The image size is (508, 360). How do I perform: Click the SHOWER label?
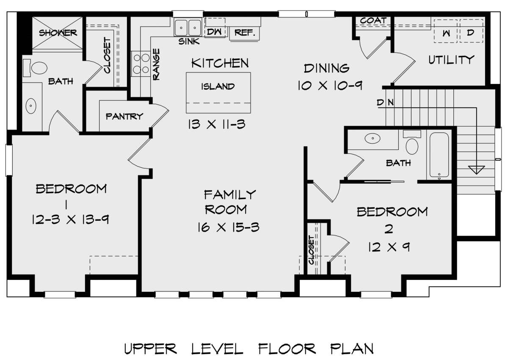click(58, 33)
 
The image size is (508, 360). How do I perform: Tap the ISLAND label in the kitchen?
click(218, 86)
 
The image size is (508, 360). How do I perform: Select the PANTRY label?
click(124, 116)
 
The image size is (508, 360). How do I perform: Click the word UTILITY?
click(450, 60)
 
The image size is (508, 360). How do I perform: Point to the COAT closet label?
click(373, 20)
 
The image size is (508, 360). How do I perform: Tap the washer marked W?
click(445, 33)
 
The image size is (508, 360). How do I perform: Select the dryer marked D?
click(470, 33)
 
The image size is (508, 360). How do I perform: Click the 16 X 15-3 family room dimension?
click(228, 227)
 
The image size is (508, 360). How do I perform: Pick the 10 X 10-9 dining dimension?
click(329, 85)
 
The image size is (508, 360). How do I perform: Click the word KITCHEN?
click(220, 64)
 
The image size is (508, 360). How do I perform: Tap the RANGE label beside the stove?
click(156, 65)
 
